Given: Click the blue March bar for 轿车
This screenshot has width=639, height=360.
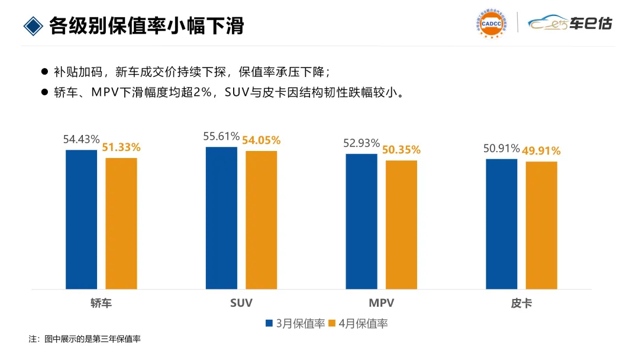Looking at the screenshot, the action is [x=82, y=219].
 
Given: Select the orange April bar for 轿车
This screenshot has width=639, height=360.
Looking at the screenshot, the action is [x=121, y=223].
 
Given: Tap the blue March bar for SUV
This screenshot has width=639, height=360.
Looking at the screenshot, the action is [x=221, y=218].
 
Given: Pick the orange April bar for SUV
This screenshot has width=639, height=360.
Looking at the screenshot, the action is [x=262, y=220].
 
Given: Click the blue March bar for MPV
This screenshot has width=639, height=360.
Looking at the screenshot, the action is [x=362, y=221].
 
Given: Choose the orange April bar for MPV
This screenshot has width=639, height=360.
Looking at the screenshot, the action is [x=401, y=224].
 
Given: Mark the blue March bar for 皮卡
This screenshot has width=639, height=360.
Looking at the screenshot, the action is [x=502, y=224].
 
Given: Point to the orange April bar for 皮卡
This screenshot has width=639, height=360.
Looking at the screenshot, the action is [x=541, y=226].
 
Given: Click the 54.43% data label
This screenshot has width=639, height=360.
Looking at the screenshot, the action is [x=82, y=139].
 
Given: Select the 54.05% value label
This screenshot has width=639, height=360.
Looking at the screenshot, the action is [x=262, y=141].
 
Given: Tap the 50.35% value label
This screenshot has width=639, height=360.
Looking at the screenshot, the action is [x=401, y=150].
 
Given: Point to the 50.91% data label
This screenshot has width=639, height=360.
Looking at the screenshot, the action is [x=502, y=149].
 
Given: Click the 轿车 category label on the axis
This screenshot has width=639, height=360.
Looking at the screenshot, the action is [x=101, y=303].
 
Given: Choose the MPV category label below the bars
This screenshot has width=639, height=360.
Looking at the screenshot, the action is [x=382, y=303].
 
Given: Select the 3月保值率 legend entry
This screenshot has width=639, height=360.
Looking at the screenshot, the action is [x=295, y=324].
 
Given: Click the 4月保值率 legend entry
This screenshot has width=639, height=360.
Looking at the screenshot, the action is [x=358, y=324].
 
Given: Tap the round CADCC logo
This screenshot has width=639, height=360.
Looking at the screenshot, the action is [x=492, y=24].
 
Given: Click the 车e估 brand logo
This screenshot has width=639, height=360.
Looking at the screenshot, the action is [x=570, y=23].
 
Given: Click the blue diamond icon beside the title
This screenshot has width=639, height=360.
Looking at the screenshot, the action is [x=33, y=26].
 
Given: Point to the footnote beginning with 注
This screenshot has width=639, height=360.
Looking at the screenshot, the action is [x=85, y=339].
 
